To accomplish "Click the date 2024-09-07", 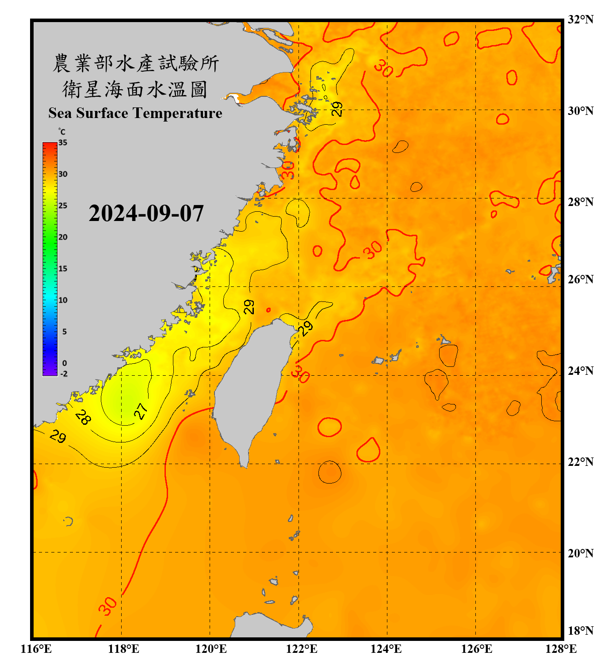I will [x=146, y=213].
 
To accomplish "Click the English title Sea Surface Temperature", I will [x=135, y=113].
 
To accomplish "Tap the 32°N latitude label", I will [x=580, y=19].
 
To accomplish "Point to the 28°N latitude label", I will [x=580, y=202].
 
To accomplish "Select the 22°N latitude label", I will [x=580, y=462].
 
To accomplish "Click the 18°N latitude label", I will [x=580, y=631].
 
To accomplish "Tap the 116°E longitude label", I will [x=36, y=649].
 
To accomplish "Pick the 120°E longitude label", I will [x=211, y=649].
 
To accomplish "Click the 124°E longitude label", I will [x=386, y=649].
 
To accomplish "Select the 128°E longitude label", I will [x=561, y=649].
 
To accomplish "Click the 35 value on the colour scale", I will [x=63, y=143].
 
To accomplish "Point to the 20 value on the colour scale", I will [x=63, y=237].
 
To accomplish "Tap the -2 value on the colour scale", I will [x=64, y=374].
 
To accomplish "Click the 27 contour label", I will [x=141, y=411].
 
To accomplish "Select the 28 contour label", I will [x=83, y=417].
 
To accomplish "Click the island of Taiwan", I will [x=250, y=389].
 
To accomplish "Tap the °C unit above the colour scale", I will [x=62, y=132].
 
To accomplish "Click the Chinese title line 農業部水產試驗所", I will [x=136, y=63].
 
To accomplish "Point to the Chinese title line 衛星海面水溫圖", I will [x=135, y=89].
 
